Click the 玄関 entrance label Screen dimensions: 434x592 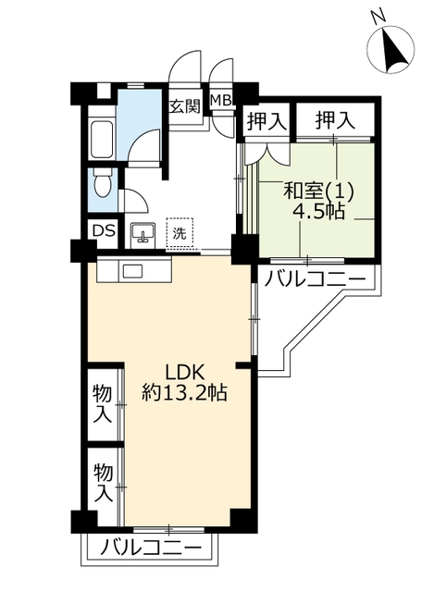pos(184,107)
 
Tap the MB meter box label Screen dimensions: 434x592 pos(221,100)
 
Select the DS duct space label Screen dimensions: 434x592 pos(103,230)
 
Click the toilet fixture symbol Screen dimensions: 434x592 pos(103,183)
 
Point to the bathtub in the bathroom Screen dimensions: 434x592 pos(102,140)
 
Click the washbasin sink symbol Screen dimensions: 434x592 pos(143,234)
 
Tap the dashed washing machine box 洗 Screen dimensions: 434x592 pos(180,232)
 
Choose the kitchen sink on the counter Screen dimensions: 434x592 pos(130,271)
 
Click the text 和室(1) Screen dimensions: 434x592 pos(318,191)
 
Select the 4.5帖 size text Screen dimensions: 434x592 pos(318,212)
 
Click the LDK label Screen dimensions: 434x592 pos(185,374)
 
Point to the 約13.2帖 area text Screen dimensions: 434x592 pos(184,393)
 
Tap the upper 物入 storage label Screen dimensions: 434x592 pos(103,403)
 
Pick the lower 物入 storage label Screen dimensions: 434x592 pos(103,483)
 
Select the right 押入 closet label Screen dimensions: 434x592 pos(335,120)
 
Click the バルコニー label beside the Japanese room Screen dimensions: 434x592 pos(315,279)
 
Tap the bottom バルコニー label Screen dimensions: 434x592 pos(151,547)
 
